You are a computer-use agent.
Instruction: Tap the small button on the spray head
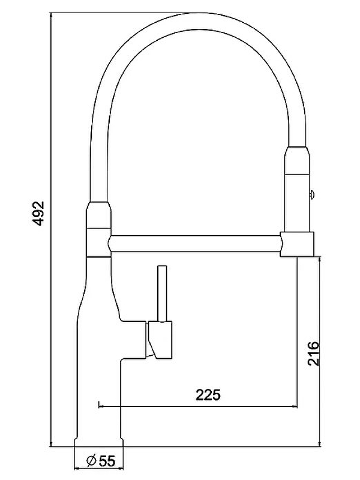click(x=311, y=193)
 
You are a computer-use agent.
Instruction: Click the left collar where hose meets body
click(x=100, y=215)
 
